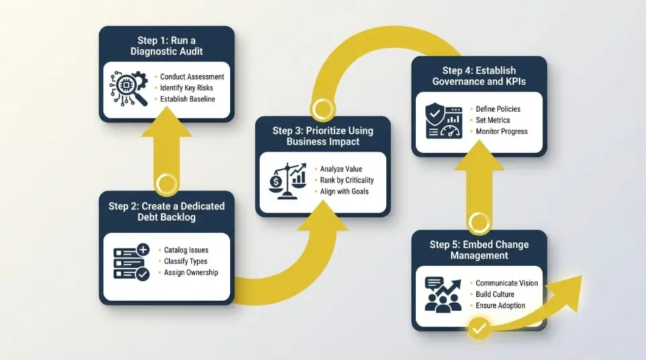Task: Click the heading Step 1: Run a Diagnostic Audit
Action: click(x=167, y=44)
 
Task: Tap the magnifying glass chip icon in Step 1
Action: click(x=129, y=88)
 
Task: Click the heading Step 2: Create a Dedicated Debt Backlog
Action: click(x=167, y=212)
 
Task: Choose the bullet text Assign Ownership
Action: click(x=191, y=273)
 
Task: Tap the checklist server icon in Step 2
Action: click(x=132, y=262)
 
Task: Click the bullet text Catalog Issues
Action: click(x=186, y=250)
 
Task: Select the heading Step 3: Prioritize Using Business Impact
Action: click(x=323, y=136)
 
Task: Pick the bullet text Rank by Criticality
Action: click(x=347, y=180)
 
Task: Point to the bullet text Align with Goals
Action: click(x=345, y=192)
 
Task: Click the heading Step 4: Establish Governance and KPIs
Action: click(x=479, y=76)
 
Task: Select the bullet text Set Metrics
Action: click(x=493, y=120)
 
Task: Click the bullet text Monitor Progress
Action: click(x=502, y=131)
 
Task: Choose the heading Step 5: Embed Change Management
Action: click(x=479, y=250)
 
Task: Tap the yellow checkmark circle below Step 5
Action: click(x=479, y=329)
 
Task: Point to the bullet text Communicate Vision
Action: click(x=507, y=283)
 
